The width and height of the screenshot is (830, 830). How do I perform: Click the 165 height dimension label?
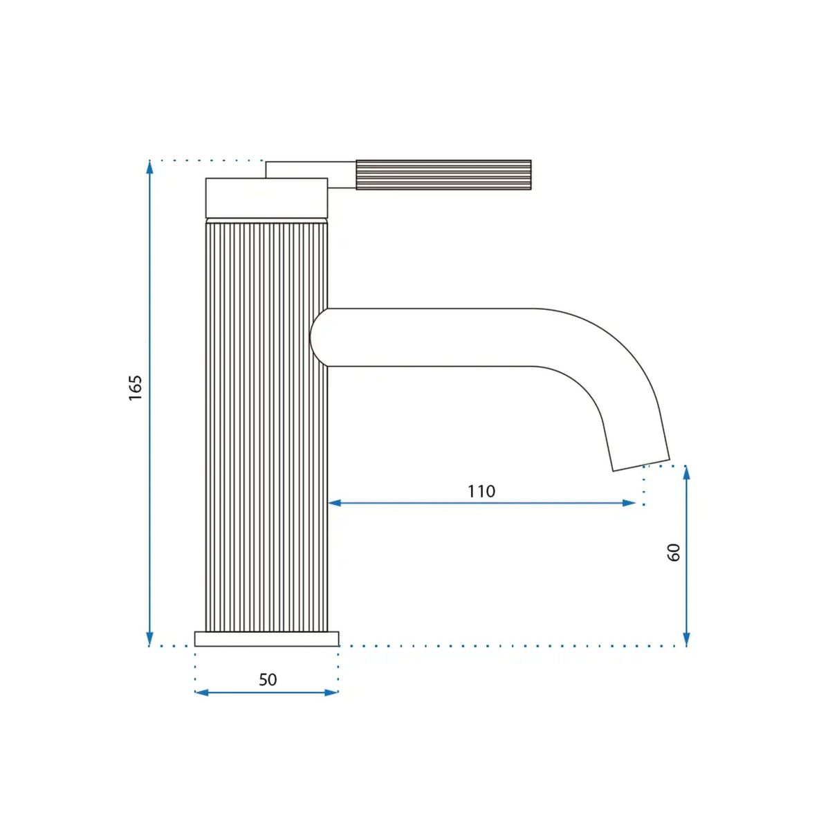pos(136,387)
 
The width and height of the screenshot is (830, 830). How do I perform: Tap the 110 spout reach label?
pos(481,491)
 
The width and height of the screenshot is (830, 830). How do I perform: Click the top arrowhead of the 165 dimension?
pos(149,167)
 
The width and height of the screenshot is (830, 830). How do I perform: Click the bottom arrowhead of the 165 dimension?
pos(149,639)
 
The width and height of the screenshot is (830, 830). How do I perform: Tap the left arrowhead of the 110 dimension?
pos(335,503)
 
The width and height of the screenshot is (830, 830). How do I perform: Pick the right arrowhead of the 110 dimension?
pos(629,503)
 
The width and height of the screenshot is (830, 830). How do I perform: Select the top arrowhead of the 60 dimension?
pos(687,472)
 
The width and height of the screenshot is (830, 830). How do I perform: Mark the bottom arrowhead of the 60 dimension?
pos(687,639)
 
